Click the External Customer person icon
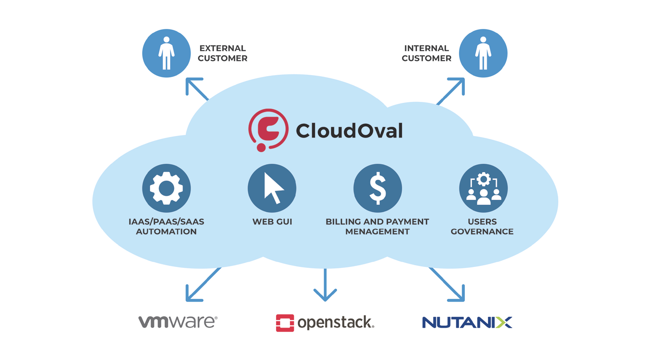pyautogui.click(x=167, y=53)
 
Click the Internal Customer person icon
pyautogui.click(x=483, y=53)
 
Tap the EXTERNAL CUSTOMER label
pyautogui.click(x=223, y=53)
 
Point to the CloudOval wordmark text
pyautogui.click(x=349, y=130)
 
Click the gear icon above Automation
pyautogui.click(x=167, y=188)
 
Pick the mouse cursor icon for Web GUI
pyautogui.click(x=272, y=188)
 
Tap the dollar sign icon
pyautogui.click(x=378, y=188)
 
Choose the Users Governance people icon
pyautogui.click(x=483, y=188)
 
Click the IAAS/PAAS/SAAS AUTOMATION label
pyautogui.click(x=167, y=226)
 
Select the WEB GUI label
pyautogui.click(x=272, y=221)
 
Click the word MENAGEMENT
pyautogui.click(x=378, y=231)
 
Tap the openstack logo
pyautogui.click(x=325, y=323)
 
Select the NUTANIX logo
pyautogui.click(x=467, y=322)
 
